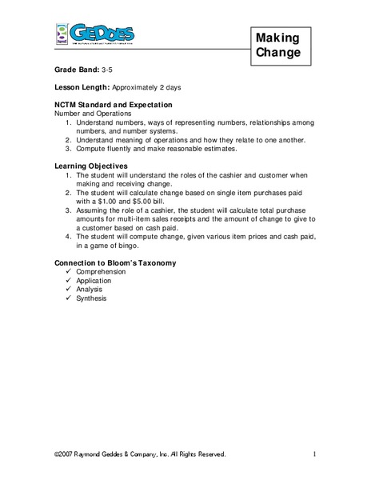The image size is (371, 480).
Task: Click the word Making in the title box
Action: pyautogui.click(x=279, y=38)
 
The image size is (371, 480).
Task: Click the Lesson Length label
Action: pyautogui.click(x=84, y=88)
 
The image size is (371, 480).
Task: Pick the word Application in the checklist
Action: pyautogui.click(x=94, y=281)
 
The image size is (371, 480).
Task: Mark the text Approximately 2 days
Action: pyautogui.click(x=153, y=88)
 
